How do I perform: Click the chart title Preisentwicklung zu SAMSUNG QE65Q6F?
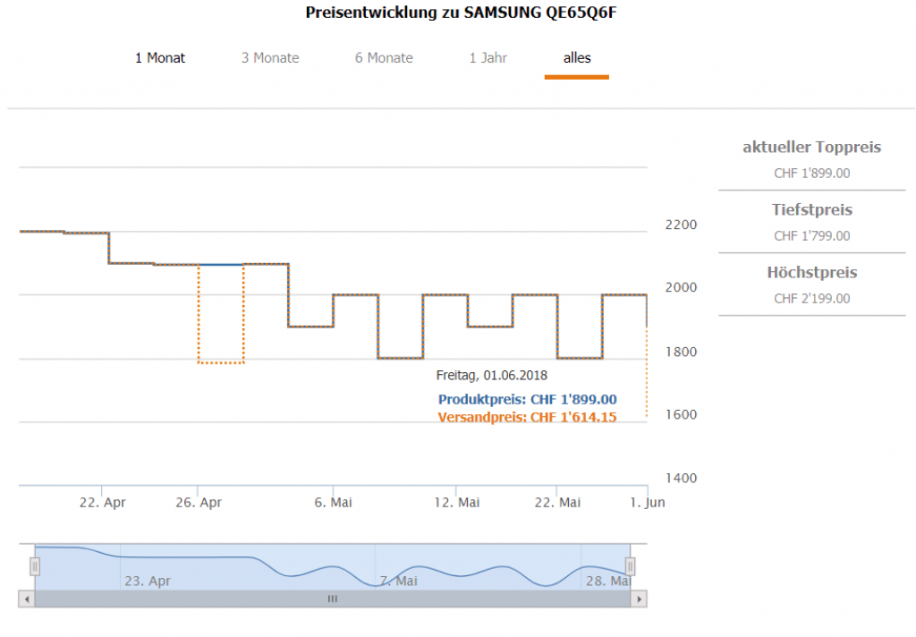(461, 13)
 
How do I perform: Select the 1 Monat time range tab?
(160, 58)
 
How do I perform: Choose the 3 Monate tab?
(270, 58)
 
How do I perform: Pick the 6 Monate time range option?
(384, 58)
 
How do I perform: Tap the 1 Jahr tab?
(488, 58)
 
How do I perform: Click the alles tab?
(577, 58)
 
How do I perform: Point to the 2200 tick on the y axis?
(681, 225)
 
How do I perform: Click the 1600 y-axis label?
(681, 415)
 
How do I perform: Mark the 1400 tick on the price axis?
(681, 479)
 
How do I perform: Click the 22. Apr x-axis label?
(102, 503)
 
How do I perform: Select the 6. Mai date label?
(333, 503)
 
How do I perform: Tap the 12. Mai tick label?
(456, 503)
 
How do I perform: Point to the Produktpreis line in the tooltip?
(527, 400)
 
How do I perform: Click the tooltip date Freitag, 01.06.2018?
(491, 375)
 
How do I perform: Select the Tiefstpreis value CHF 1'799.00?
(811, 236)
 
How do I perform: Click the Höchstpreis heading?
(811, 273)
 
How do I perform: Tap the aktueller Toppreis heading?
(811, 148)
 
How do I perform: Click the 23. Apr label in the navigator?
(148, 582)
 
